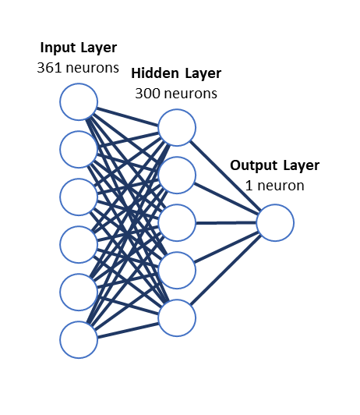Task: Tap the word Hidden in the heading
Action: [155, 73]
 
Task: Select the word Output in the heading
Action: [253, 165]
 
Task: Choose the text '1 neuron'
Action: [274, 186]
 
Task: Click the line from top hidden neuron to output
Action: [226, 175]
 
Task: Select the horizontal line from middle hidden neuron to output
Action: [226, 223]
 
